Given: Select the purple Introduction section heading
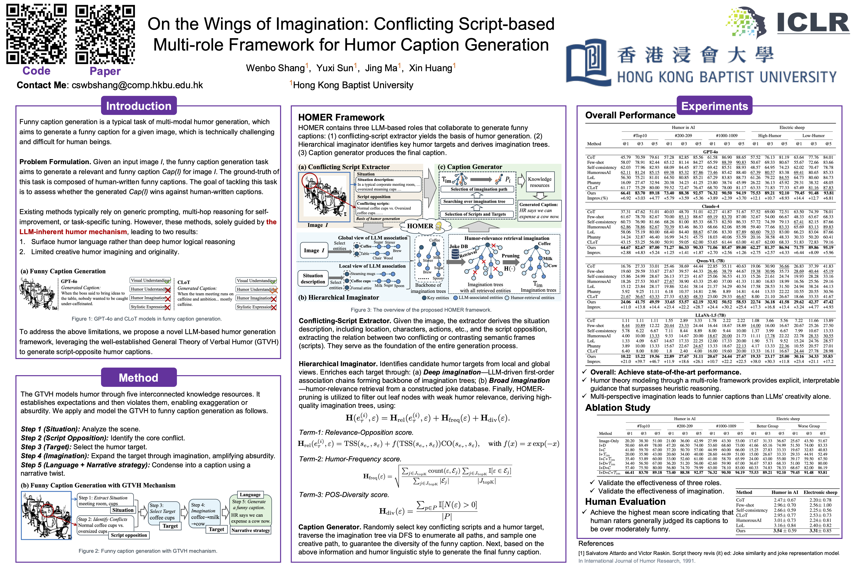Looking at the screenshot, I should click(139, 106).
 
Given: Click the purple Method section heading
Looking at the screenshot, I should click(139, 378).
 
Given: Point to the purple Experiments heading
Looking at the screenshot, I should click(715, 106).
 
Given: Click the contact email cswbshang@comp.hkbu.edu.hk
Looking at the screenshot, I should click(137, 85).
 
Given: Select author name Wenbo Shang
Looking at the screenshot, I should click(275, 68).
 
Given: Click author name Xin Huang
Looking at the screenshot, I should click(431, 68).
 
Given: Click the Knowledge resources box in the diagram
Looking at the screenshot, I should click(540, 182).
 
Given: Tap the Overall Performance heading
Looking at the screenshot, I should click(630, 115).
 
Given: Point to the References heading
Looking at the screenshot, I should click(596, 543).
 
